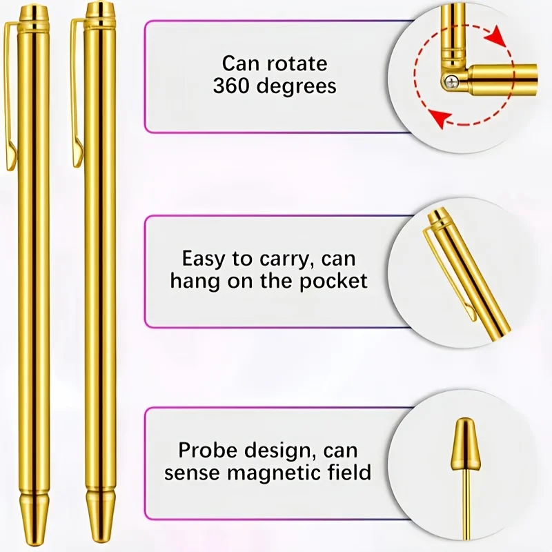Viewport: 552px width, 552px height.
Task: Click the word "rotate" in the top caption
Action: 297,63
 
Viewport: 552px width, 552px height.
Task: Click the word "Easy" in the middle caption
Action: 204,260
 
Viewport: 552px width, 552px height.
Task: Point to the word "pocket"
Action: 333,282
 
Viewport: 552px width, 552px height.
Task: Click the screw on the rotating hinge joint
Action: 450,83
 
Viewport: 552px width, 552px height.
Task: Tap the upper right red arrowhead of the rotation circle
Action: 497,36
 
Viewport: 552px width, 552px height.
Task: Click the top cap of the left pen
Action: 33,14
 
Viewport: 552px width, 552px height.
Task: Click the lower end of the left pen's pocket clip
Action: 11,160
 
